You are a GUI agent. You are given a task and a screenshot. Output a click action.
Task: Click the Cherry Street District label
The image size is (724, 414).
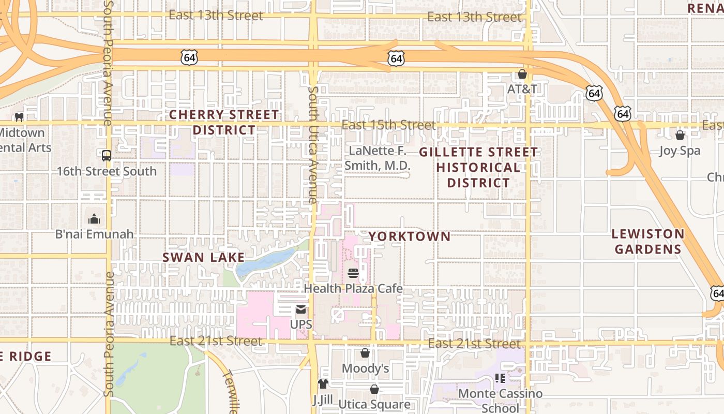point(224,122)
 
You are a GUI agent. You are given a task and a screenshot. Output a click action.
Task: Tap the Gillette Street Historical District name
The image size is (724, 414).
point(478,167)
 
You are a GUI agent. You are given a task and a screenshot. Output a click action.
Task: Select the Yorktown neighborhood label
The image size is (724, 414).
point(409,236)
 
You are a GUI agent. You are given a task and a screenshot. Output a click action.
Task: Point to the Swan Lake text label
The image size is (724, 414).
point(203,257)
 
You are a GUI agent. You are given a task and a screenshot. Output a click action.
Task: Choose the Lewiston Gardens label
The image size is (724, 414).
point(648,242)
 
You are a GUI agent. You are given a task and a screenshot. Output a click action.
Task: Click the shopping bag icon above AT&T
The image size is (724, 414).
point(522,74)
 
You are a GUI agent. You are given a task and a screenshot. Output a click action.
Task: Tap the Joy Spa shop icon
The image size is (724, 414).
point(680,135)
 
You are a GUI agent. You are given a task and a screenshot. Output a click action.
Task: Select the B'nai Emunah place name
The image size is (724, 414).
point(94,234)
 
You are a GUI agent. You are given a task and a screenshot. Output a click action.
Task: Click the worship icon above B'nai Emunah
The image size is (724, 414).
point(94,219)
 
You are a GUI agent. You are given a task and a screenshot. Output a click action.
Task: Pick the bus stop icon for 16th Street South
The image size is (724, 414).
point(106,155)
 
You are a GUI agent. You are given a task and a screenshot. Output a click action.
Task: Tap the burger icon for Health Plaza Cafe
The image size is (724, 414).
point(353,273)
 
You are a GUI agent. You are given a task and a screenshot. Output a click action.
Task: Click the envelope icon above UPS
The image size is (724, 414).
point(300,310)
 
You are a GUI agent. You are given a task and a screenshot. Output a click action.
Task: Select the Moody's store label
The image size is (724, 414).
point(365,368)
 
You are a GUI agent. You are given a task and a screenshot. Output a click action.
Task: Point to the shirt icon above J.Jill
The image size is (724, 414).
point(323,383)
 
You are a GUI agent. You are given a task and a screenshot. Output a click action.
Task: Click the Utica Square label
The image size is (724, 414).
point(374,404)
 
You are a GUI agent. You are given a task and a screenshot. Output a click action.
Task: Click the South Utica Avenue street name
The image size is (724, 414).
point(313,145)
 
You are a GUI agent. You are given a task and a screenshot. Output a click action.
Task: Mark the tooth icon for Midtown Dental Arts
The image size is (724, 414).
point(20,117)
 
